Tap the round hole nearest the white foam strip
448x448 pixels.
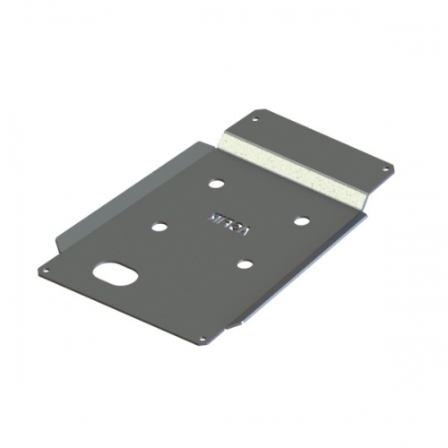tap(216, 184)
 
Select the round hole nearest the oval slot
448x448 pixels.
tap(159, 228)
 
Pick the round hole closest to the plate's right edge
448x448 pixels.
tap(302, 220)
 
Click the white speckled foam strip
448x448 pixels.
tap(296, 166)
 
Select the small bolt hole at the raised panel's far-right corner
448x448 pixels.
tap(386, 167)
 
